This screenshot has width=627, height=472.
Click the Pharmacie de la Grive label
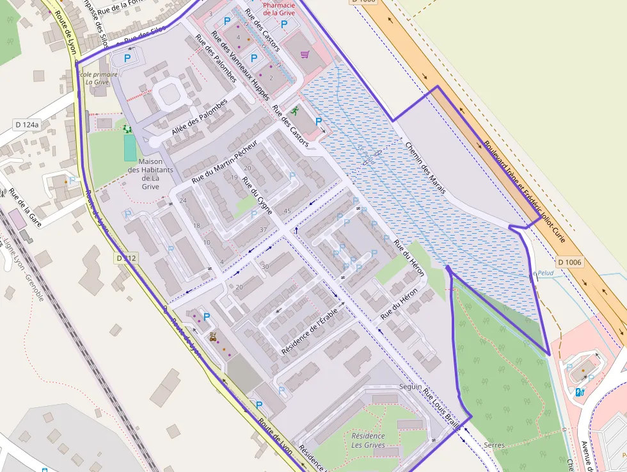click(x=278, y=8)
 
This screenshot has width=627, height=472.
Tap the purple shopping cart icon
click(x=305, y=54)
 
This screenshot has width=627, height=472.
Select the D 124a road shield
click(x=27, y=124)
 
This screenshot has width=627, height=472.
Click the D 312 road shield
click(x=127, y=258)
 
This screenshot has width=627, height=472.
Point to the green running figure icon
click(x=294, y=111)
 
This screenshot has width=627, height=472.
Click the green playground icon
click(x=127, y=129)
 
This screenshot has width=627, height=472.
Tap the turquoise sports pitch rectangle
click(x=130, y=149)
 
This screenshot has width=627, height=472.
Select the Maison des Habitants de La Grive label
click(x=150, y=174)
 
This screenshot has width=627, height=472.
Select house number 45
click(x=287, y=211)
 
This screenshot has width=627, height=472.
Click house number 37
click(x=263, y=229)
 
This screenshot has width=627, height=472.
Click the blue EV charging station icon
click(x=580, y=391)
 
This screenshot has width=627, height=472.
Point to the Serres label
click(x=494, y=444)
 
